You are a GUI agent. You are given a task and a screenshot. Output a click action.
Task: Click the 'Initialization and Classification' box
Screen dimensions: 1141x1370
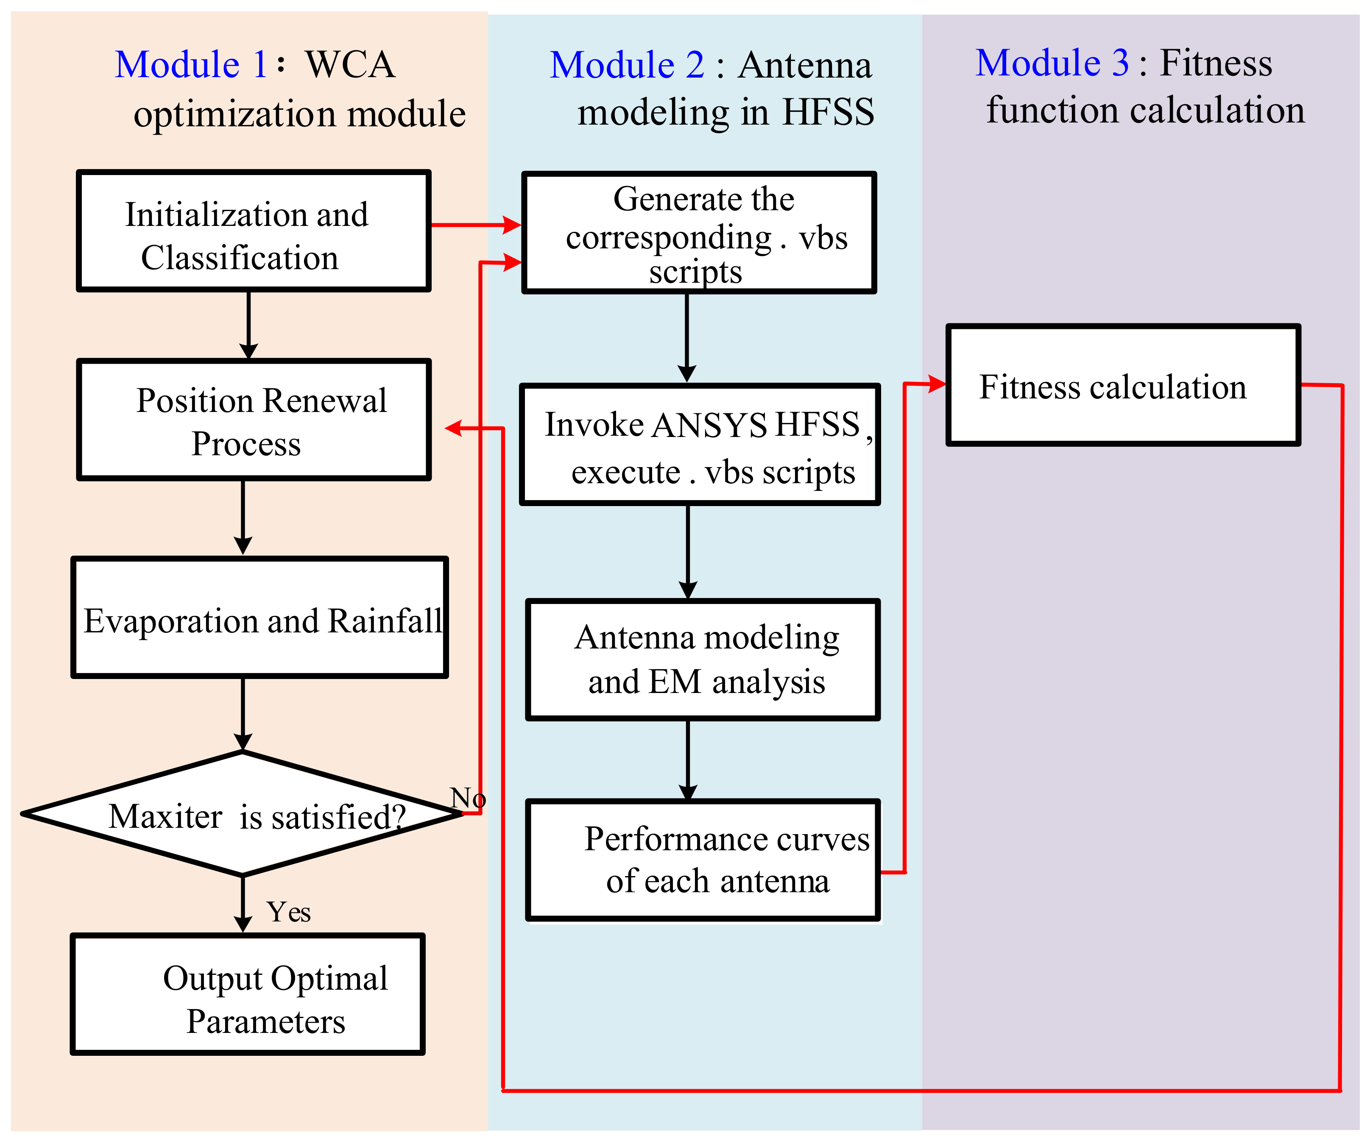(253, 231)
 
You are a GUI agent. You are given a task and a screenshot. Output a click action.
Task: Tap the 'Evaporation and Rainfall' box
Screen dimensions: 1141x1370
(259, 618)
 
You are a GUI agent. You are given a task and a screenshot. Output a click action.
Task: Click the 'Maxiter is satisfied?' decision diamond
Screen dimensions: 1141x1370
(243, 814)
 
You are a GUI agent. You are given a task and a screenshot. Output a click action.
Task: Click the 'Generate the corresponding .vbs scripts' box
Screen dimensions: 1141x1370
(699, 233)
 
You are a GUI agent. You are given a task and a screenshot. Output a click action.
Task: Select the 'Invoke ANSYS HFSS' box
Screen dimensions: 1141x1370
(699, 445)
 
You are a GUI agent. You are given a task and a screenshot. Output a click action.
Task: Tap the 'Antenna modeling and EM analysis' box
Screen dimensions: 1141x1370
(703, 660)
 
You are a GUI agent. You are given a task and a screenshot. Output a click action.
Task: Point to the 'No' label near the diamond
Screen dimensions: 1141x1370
(468, 798)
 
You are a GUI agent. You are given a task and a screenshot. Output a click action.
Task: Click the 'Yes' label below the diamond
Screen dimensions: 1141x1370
(288, 912)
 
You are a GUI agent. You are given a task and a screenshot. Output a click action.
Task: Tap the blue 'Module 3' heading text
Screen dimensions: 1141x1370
(1052, 63)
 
